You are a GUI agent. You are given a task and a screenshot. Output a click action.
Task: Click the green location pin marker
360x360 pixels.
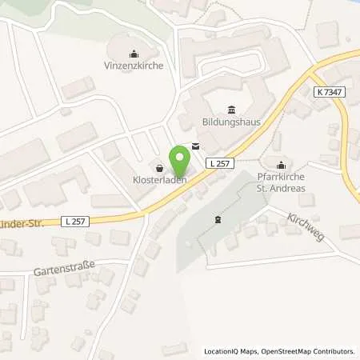pos(180,161)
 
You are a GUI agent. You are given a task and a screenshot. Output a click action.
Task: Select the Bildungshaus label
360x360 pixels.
pos(232,124)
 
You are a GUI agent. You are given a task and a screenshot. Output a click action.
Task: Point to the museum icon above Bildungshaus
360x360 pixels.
pos(232,110)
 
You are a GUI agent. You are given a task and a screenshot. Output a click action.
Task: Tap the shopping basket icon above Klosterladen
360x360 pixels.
pos(159,169)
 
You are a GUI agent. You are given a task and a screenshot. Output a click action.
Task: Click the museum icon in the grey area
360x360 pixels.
pos(216,220)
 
